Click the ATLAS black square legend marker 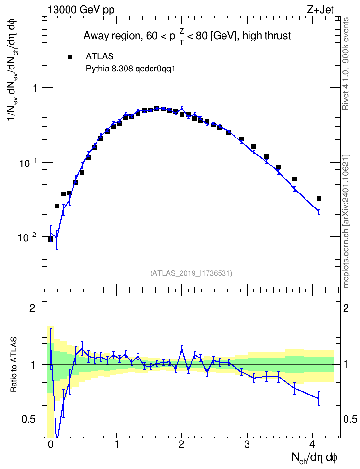tap(70, 57)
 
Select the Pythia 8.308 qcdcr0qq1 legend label tap(130, 69)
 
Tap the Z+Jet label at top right tap(320, 10)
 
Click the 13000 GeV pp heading tap(81, 10)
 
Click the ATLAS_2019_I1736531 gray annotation tap(191, 273)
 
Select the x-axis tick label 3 tap(247, 444)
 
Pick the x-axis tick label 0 tap(51, 444)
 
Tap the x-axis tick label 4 tap(312, 444)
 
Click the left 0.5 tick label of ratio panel tap(28, 419)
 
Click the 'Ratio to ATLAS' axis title tap(14, 364)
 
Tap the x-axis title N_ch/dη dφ tap(315, 458)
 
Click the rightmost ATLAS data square tap(319, 198)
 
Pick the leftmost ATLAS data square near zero tap(51, 240)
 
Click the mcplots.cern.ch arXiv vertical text tap(346, 221)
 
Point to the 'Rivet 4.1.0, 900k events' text tap(346, 64)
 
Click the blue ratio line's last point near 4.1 tap(319, 398)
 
